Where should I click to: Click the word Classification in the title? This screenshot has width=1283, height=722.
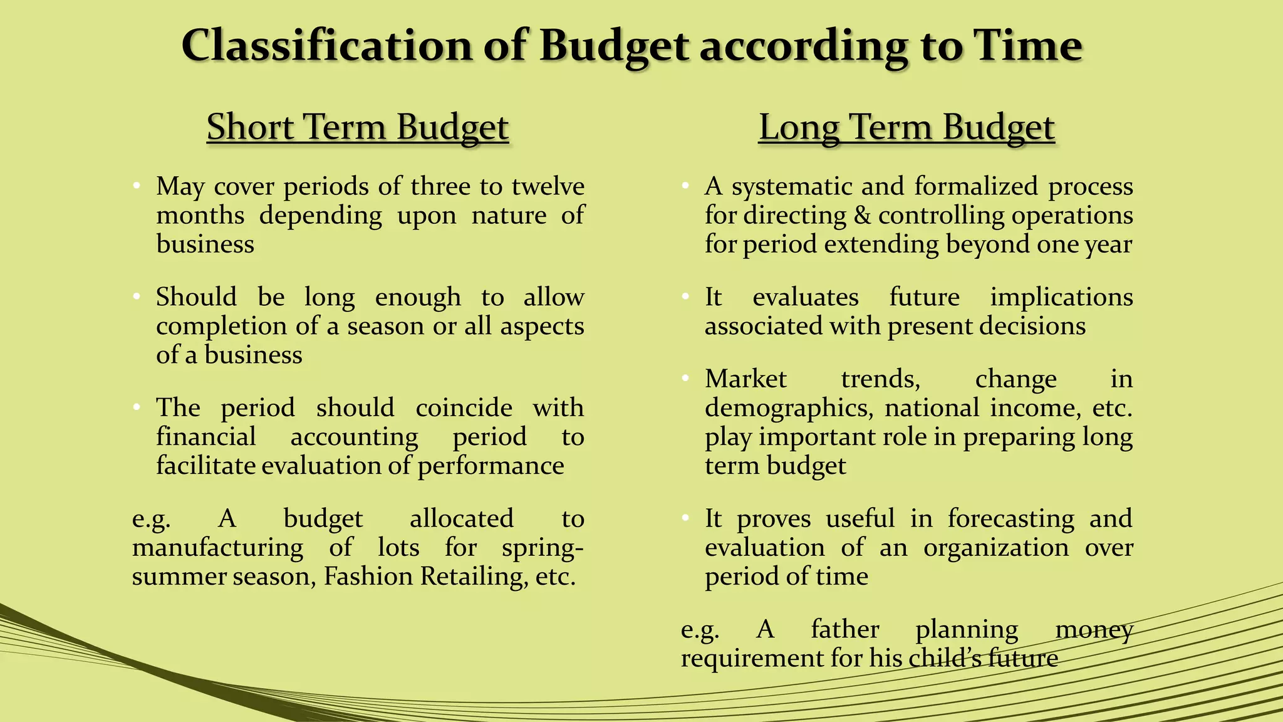pyautogui.click(x=326, y=46)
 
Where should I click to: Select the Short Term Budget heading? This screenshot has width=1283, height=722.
pyautogui.click(x=358, y=127)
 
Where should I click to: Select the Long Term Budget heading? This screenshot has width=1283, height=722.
pyautogui.click(x=906, y=127)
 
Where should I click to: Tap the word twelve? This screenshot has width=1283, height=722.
pyautogui.click(x=548, y=186)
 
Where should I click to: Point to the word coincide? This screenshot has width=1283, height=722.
pyautogui.click(x=464, y=408)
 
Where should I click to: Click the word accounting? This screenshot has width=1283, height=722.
pyautogui.click(x=354, y=437)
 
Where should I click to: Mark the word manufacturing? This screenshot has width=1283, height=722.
pyautogui.click(x=217, y=548)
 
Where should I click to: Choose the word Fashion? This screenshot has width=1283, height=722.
pyautogui.click(x=368, y=577)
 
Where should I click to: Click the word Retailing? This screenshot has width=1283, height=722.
pyautogui.click(x=471, y=577)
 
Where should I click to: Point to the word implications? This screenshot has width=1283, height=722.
pyautogui.click(x=1061, y=297)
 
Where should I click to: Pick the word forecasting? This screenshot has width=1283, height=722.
pyautogui.click(x=1010, y=519)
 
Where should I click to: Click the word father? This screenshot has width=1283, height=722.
pyautogui.click(x=845, y=629)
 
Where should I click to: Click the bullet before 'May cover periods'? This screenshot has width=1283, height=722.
pyautogui.click(x=136, y=186)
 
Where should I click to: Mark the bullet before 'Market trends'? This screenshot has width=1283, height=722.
pyautogui.click(x=685, y=379)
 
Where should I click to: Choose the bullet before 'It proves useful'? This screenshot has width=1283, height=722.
pyautogui.click(x=685, y=518)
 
